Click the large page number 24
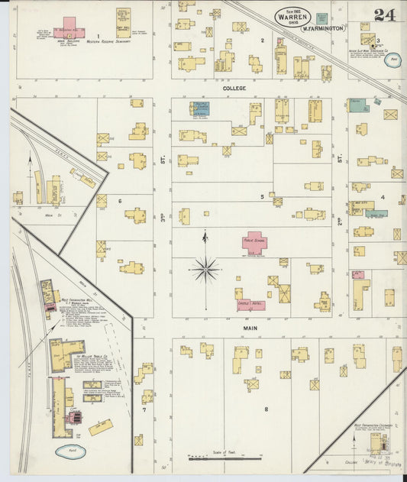385,15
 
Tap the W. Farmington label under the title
322,28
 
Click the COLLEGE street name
234,89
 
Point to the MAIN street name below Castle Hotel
250,328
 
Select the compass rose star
205,269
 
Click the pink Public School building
254,243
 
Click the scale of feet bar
225,458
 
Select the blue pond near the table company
70,451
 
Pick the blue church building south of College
200,108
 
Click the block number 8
266,409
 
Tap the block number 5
262,196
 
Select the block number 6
120,201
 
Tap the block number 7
143,409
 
